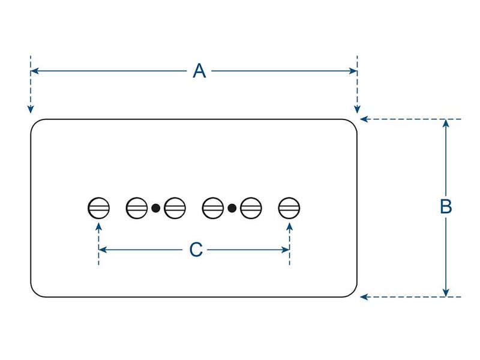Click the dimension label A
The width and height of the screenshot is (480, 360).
(x=199, y=71)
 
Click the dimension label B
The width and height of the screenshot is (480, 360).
(x=446, y=206)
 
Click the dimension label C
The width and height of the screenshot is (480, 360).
(x=196, y=250)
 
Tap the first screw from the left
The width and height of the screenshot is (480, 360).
(x=98, y=208)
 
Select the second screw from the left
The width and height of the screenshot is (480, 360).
(x=137, y=208)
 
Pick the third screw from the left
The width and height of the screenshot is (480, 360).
(x=175, y=208)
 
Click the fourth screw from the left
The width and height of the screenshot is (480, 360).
(x=213, y=208)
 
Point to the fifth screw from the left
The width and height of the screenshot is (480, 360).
(x=251, y=208)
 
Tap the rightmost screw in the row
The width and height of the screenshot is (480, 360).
(x=289, y=208)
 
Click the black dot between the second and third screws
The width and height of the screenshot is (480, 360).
(x=156, y=208)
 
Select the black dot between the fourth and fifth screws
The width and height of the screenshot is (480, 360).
(x=232, y=208)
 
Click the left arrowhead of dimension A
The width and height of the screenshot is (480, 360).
(x=34, y=71)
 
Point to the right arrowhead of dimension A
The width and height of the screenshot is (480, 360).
(x=353, y=71)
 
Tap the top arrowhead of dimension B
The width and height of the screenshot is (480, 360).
(x=446, y=123)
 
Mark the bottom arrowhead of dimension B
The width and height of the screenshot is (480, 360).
(x=446, y=293)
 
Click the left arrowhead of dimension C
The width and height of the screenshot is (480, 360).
(x=103, y=250)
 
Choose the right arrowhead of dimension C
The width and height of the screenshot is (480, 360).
(x=286, y=250)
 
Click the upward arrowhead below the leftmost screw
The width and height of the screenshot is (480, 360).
(x=98, y=227)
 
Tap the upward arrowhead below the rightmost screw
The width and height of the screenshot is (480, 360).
(x=289, y=227)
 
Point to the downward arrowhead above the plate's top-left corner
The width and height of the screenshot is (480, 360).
(x=31, y=109)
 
